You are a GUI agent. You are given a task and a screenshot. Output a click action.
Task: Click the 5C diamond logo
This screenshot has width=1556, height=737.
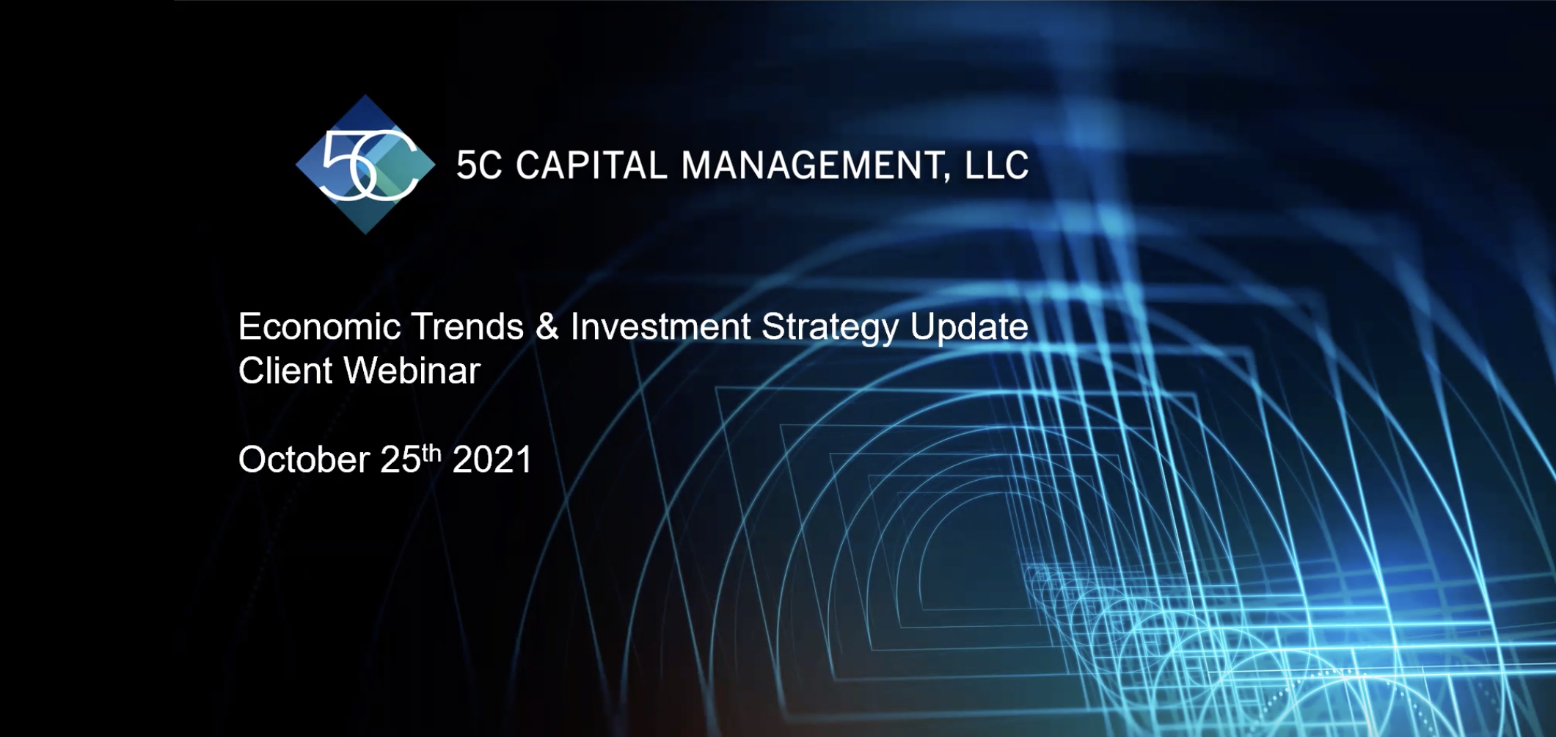click(x=365, y=164)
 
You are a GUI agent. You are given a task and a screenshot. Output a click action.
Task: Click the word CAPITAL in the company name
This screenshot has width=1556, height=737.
click(x=591, y=165)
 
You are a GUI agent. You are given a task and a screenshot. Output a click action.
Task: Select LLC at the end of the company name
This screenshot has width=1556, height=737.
click(x=996, y=165)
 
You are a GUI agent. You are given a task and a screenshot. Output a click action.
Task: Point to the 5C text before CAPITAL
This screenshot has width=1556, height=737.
click(x=479, y=165)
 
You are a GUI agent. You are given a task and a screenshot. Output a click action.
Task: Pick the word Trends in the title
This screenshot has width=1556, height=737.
click(x=467, y=327)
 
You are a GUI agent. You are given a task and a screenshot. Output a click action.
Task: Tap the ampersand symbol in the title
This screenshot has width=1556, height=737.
click(x=547, y=327)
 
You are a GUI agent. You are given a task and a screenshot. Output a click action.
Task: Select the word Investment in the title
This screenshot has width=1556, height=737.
click(x=660, y=327)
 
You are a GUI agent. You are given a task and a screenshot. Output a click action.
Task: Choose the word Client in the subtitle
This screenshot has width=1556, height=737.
click(x=285, y=371)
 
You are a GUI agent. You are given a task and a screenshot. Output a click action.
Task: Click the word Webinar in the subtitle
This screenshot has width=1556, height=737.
click(x=412, y=371)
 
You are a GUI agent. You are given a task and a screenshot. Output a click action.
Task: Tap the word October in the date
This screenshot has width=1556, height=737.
click(x=304, y=460)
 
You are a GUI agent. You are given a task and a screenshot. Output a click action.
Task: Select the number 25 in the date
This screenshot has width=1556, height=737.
click(x=401, y=460)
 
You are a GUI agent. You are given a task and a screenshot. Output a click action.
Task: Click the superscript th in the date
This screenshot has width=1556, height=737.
click(x=431, y=453)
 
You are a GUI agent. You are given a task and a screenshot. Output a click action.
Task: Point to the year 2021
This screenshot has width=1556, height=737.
click(x=492, y=460)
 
